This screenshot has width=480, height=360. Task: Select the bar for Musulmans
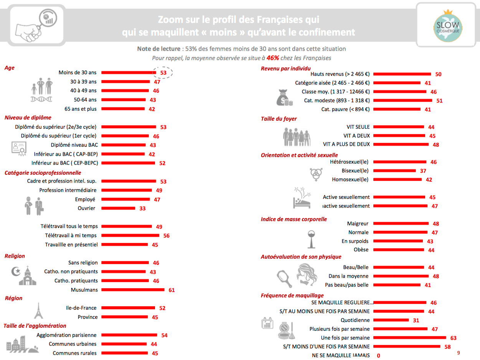pos(133,290)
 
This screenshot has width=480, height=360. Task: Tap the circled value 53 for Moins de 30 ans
pos(163,72)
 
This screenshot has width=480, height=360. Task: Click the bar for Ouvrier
pos(118,209)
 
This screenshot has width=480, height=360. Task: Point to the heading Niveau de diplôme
pos(28,118)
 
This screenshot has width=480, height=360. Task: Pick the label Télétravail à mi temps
pos(71,235)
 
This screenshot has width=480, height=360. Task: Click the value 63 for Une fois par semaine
pos(453,338)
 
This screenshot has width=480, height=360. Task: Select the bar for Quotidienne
pos(391,320)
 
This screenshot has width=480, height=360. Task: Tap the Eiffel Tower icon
pos(38,311)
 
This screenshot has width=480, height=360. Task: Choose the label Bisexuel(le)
pos(355,171)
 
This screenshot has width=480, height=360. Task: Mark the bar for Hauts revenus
pos(402,74)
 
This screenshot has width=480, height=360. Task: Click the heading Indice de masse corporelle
pos(294,219)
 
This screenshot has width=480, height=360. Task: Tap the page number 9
pos(458,353)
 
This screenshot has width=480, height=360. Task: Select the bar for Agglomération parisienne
pos(129,335)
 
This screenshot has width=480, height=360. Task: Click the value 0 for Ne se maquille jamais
pos(378,356)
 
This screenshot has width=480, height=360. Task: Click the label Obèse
pos(361,250)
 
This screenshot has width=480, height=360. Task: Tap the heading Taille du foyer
pos(279,119)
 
